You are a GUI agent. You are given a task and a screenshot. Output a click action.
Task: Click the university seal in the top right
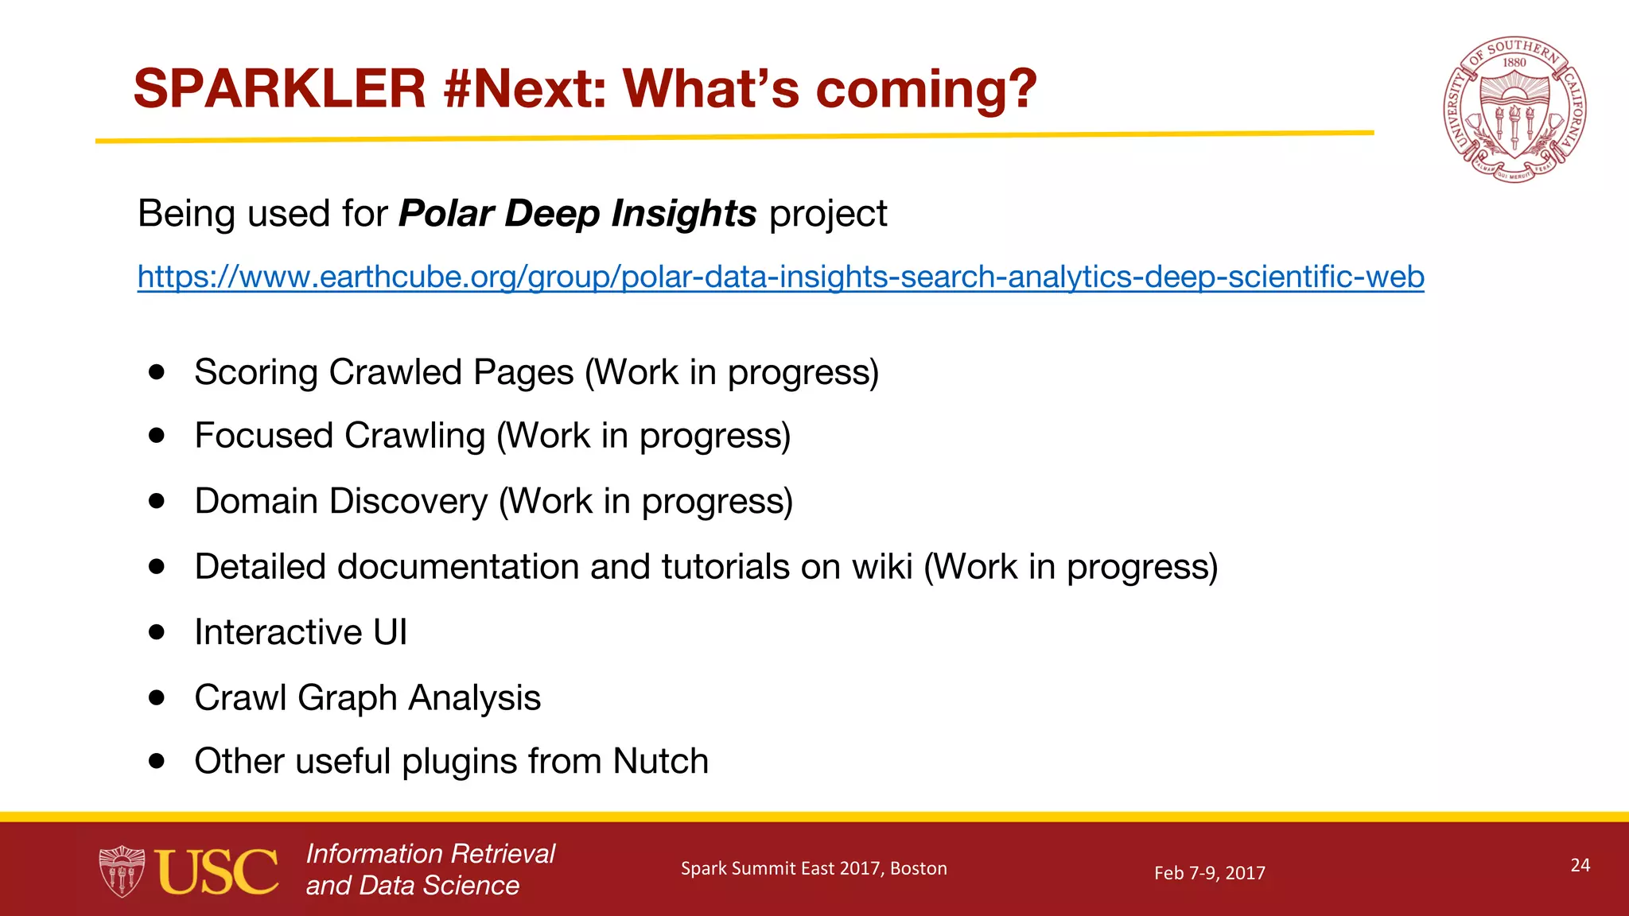coord(1514,110)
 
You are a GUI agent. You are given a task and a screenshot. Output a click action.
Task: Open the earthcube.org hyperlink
coord(780,277)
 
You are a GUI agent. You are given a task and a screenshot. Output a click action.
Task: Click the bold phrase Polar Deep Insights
coord(577,214)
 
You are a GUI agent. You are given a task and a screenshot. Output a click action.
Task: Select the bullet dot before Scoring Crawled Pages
coord(157,371)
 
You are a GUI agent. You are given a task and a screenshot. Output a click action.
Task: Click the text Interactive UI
coord(301,633)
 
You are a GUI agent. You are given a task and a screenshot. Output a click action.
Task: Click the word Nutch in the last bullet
coord(660,762)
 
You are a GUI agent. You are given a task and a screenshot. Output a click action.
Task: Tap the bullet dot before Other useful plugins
coord(157,761)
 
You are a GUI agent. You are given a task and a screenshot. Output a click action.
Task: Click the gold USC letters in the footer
coord(216,871)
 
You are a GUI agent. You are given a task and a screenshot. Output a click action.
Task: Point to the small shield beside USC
coord(121,871)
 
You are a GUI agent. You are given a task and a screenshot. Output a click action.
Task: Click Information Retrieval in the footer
coord(430,854)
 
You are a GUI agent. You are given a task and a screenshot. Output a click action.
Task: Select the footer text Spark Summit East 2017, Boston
coord(814,868)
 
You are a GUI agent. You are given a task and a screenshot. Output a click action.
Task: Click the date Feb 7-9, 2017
coord(1209,873)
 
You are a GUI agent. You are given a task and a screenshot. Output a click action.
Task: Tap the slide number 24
coord(1580,865)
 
